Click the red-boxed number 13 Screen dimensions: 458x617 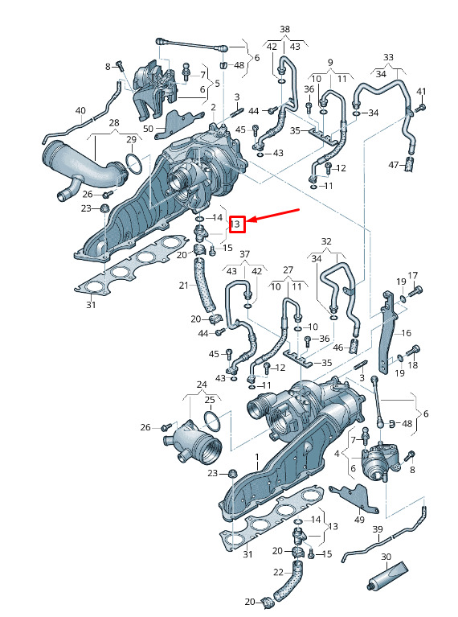pyautogui.click(x=236, y=224)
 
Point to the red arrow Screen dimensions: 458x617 pyautogui.click(x=273, y=215)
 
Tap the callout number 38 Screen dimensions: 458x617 pyautogui.click(x=284, y=29)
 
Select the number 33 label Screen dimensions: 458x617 pyautogui.click(x=388, y=57)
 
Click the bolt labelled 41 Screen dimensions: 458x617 pyautogui.click(x=421, y=107)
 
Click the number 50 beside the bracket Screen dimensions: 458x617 pyautogui.click(x=148, y=128)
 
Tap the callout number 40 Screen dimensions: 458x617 pyautogui.click(x=80, y=110)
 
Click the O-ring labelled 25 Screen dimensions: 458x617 pyautogui.click(x=213, y=421)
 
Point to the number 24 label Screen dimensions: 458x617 pyautogui.click(x=202, y=385)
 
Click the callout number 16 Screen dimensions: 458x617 pyautogui.click(x=406, y=333)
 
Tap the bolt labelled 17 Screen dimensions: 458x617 pyautogui.click(x=416, y=291)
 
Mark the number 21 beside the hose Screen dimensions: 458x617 pyautogui.click(x=184, y=286)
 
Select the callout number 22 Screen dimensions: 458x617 pyautogui.click(x=278, y=572)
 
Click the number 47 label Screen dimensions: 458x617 pyautogui.click(x=394, y=165)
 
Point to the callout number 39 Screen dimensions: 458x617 pyautogui.click(x=378, y=529)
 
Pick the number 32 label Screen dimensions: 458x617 pyautogui.click(x=326, y=241)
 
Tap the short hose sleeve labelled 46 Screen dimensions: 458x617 pyautogui.click(x=354, y=346)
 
